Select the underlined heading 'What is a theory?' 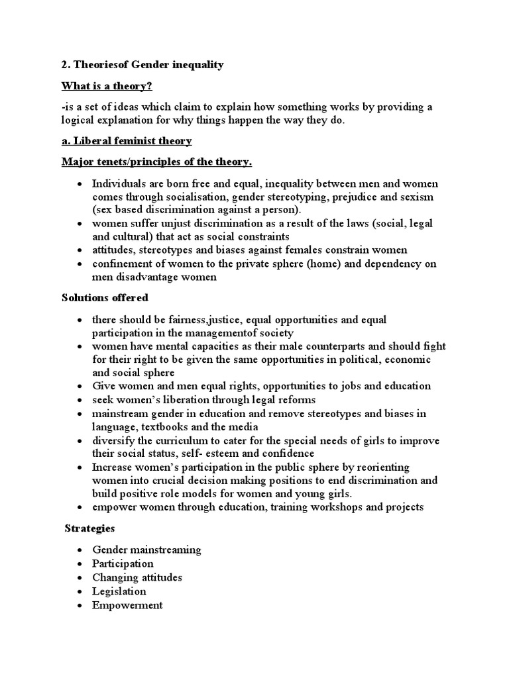pyautogui.click(x=111, y=86)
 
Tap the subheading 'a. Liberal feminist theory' pyautogui.click(x=126, y=140)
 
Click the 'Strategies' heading pyautogui.click(x=89, y=528)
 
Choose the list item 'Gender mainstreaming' pyautogui.click(x=146, y=550)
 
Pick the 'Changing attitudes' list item pyautogui.click(x=137, y=577)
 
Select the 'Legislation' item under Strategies pyautogui.click(x=119, y=591)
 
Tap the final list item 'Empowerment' pyautogui.click(x=127, y=605)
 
